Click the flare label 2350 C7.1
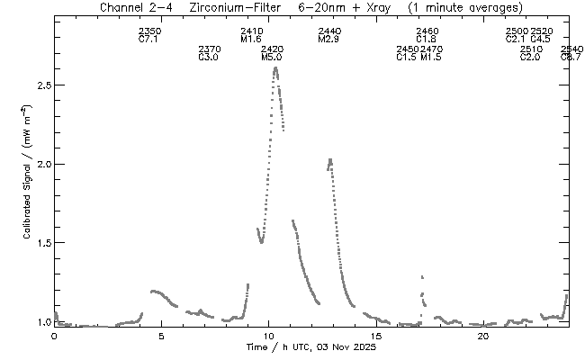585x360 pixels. point(149,36)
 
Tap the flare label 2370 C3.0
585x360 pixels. point(209,53)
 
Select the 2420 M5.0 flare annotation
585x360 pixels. point(272,53)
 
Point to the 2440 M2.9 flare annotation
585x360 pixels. point(329,36)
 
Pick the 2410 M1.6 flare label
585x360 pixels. point(251,36)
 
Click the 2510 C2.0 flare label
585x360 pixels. point(531,53)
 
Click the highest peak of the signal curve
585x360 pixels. point(275,67)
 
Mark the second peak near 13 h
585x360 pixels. point(330,160)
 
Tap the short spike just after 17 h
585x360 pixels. point(421,277)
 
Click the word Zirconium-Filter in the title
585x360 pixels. point(229,8)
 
